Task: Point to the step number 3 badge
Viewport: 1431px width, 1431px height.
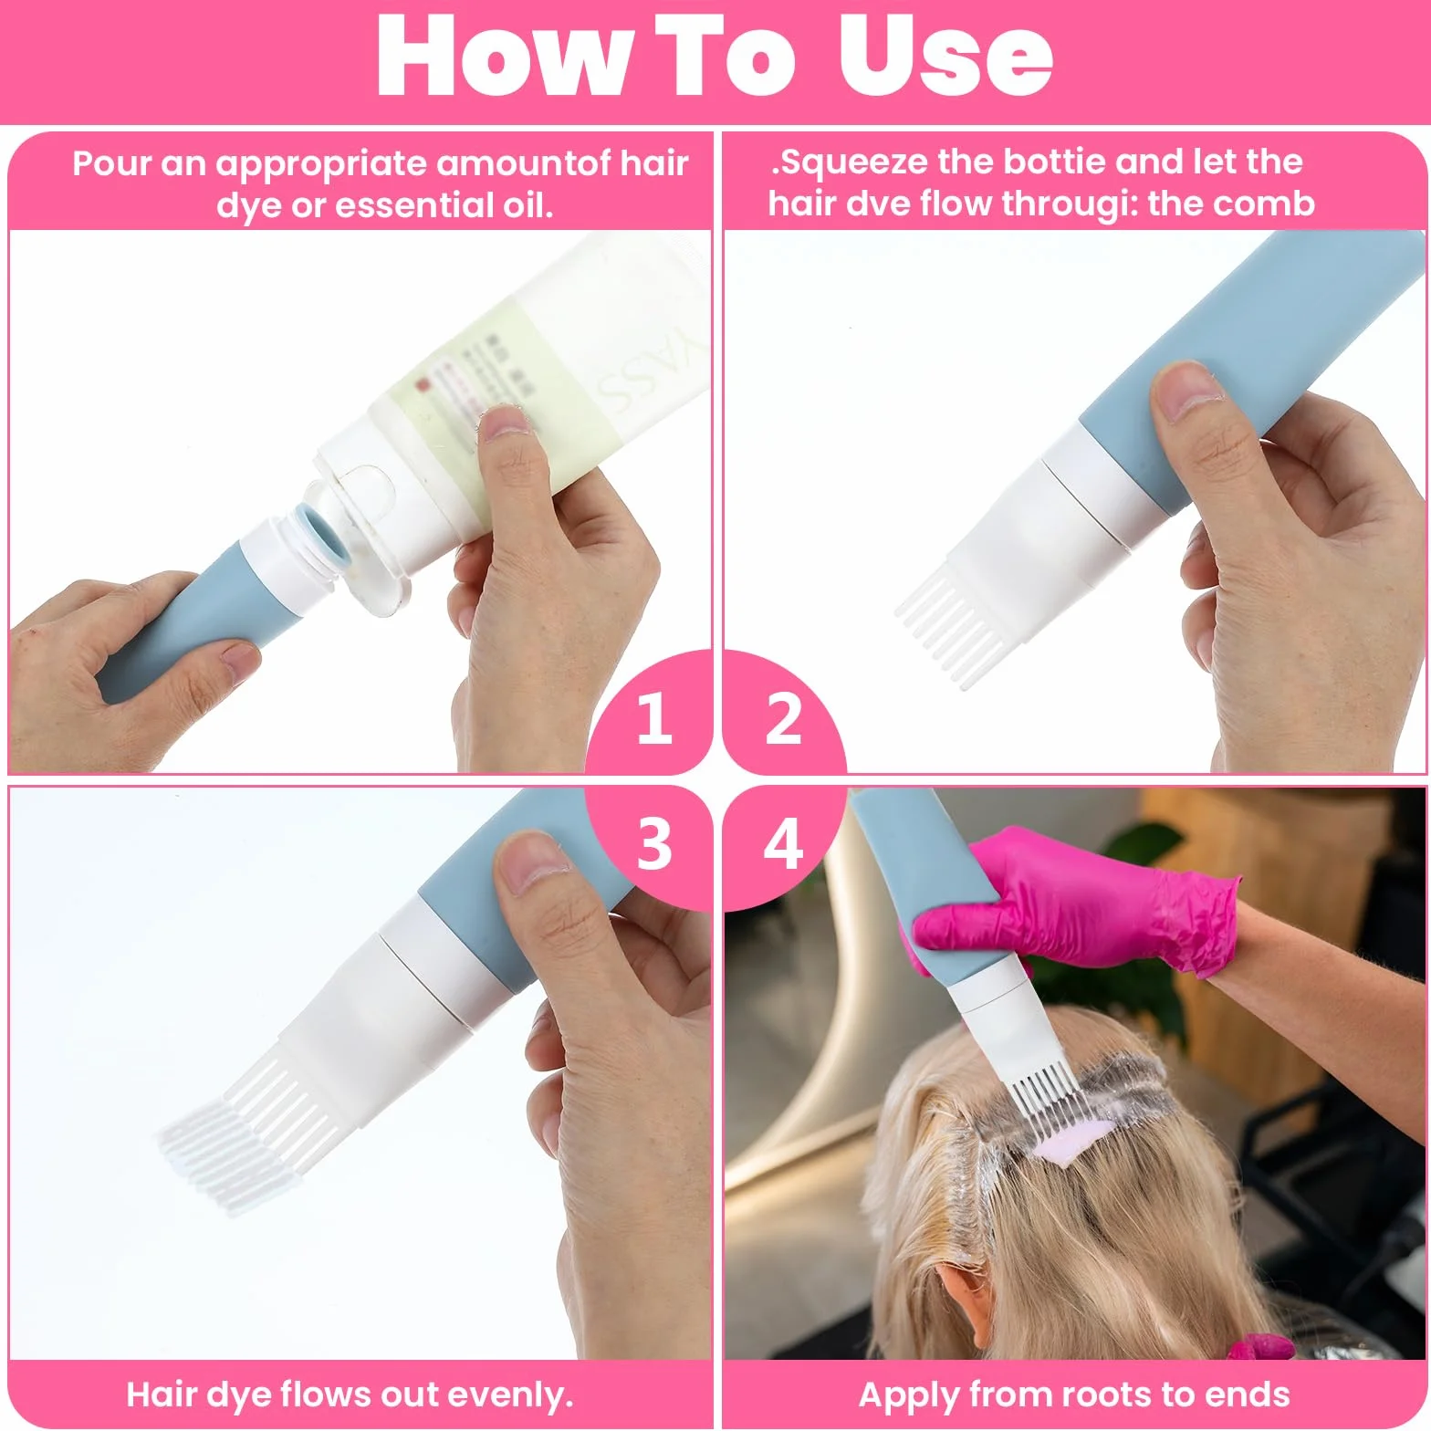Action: (x=653, y=844)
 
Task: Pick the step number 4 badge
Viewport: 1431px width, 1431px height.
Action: (x=783, y=844)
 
